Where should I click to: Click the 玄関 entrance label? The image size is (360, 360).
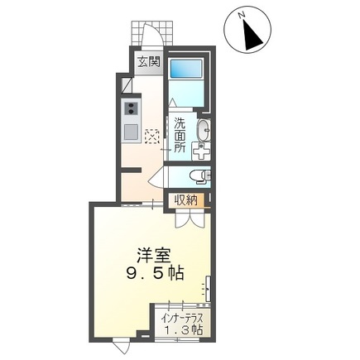click(x=149, y=61)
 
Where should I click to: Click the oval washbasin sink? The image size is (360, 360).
click(x=204, y=129)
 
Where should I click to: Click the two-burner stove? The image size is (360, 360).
click(x=131, y=108)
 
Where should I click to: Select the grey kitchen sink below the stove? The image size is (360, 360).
click(x=131, y=131)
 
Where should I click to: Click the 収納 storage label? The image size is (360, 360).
click(x=186, y=199)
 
